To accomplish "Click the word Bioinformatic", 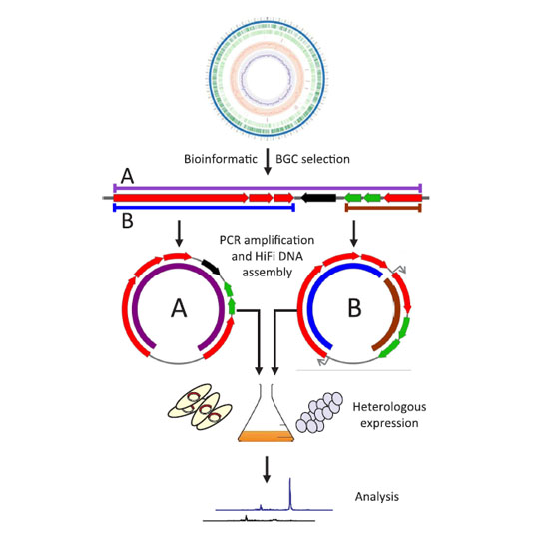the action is click(x=221, y=159).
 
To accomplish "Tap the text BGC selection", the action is click(x=312, y=159).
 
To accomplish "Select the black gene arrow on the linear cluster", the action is click(x=318, y=198).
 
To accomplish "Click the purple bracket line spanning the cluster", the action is click(x=268, y=188).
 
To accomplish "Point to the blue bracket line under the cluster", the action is click(x=204, y=208).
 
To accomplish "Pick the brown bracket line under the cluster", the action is click(x=383, y=208).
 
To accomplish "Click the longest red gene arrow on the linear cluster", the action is click(x=181, y=198).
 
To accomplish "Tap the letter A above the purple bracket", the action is click(x=127, y=176).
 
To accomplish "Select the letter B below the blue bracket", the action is click(x=127, y=222).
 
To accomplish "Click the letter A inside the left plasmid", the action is click(x=179, y=308).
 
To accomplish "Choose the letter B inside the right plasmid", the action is click(x=354, y=308).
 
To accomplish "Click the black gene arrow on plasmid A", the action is click(x=211, y=267).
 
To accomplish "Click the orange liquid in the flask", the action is click(x=267, y=436).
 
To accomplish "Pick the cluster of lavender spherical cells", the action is click(x=319, y=413).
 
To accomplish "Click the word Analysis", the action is click(x=377, y=496).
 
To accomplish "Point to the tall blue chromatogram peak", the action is click(x=290, y=494).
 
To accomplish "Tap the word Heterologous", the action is click(x=389, y=407).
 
